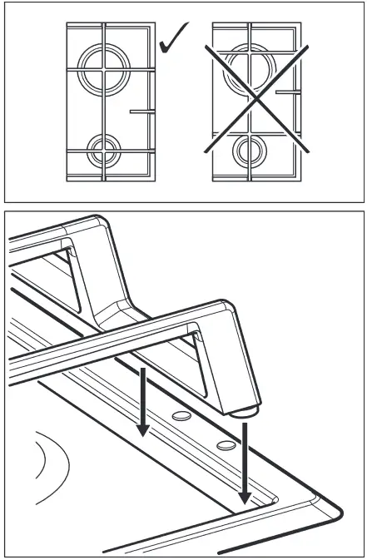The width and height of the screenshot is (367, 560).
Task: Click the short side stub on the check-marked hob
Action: click(x=141, y=109)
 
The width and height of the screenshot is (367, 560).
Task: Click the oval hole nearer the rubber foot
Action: click(x=224, y=445)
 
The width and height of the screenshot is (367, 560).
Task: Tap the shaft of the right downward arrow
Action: click(x=245, y=458)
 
